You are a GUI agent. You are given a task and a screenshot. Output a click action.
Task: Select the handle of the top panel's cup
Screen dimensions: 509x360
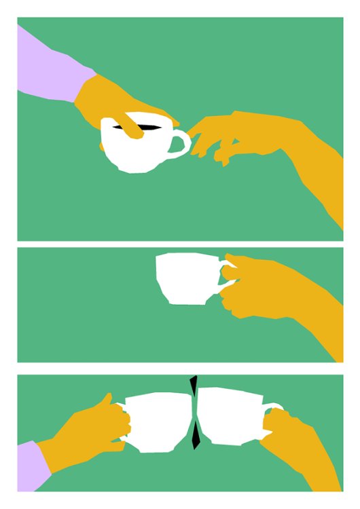[181, 145]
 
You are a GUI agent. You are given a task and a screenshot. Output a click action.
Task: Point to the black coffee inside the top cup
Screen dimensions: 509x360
[153, 127]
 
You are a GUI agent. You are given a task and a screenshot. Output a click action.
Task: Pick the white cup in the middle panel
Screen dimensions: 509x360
[185, 278]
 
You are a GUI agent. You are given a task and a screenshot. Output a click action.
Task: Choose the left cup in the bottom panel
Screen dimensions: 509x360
[156, 421]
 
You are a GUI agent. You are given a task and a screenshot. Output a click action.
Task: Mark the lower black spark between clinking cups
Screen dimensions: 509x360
[196, 435]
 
